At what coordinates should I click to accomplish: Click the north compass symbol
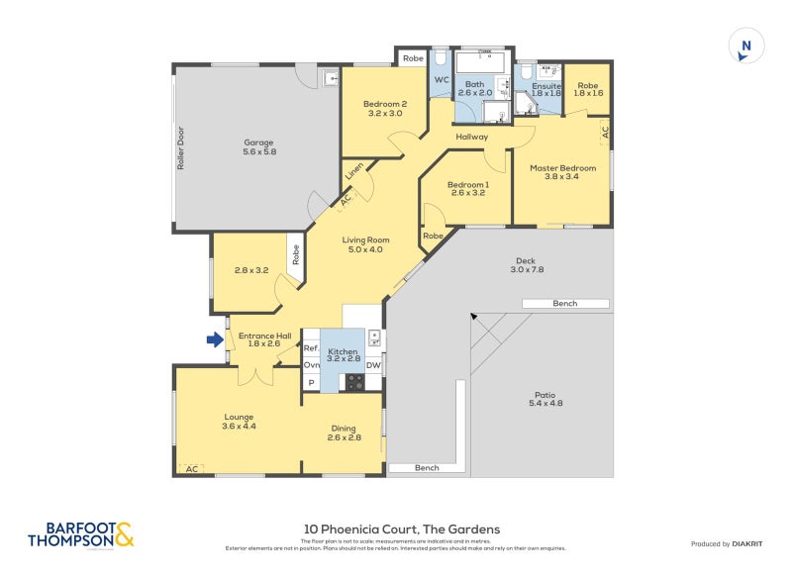746,47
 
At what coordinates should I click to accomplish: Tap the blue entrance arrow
214,339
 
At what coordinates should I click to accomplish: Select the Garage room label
258,146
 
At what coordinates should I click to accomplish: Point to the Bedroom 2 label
385,109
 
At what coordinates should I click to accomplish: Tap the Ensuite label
546,86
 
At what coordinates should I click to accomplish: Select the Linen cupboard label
353,172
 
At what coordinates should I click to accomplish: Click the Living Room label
365,244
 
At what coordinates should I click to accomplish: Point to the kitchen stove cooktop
353,381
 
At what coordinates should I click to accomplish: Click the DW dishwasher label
373,365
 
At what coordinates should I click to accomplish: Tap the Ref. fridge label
311,348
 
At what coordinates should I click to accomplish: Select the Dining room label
344,433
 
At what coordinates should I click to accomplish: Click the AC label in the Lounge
191,469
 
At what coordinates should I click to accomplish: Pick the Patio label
545,398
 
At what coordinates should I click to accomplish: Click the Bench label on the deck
565,304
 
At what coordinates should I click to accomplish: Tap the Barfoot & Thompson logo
80,535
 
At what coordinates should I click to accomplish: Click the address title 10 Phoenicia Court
401,530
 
